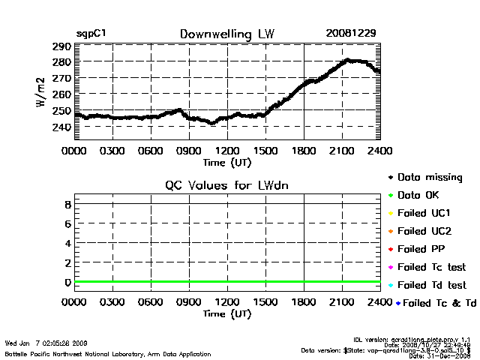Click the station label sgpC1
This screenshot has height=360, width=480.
click(x=91, y=34)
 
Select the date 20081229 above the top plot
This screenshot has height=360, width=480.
click(x=351, y=34)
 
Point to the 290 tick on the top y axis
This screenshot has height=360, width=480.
click(x=61, y=46)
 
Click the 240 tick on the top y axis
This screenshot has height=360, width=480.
click(x=61, y=127)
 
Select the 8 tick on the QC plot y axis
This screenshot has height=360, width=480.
click(x=67, y=204)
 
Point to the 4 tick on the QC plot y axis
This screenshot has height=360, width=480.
click(x=67, y=243)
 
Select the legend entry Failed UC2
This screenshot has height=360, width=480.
click(x=424, y=231)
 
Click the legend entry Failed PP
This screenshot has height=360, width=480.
click(x=421, y=249)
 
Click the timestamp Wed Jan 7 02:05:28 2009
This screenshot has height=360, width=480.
click(x=46, y=341)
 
